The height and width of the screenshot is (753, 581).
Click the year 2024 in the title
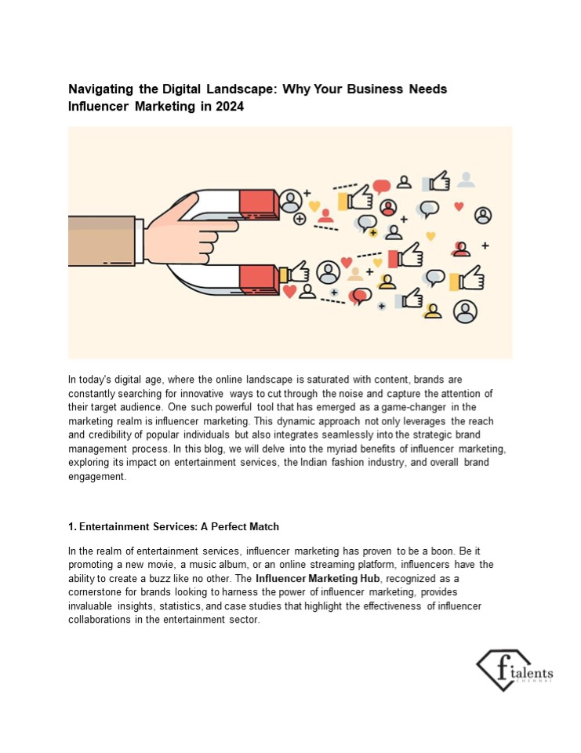[228, 107]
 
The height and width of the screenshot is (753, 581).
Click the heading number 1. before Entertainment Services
[73, 526]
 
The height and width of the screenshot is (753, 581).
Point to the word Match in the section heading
[263, 526]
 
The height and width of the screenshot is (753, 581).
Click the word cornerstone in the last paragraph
[97, 592]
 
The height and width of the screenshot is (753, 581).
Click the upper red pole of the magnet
[256, 204]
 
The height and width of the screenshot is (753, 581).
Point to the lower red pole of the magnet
[256, 275]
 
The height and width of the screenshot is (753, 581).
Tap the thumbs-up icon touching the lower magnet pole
[296, 272]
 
